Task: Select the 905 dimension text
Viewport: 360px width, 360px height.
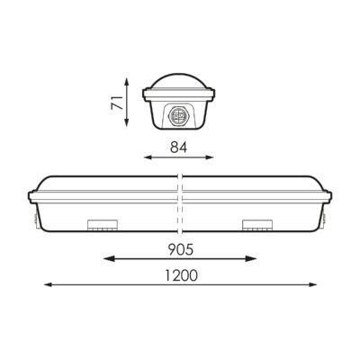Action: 180,242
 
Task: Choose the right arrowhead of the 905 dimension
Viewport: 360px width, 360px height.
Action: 255,258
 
